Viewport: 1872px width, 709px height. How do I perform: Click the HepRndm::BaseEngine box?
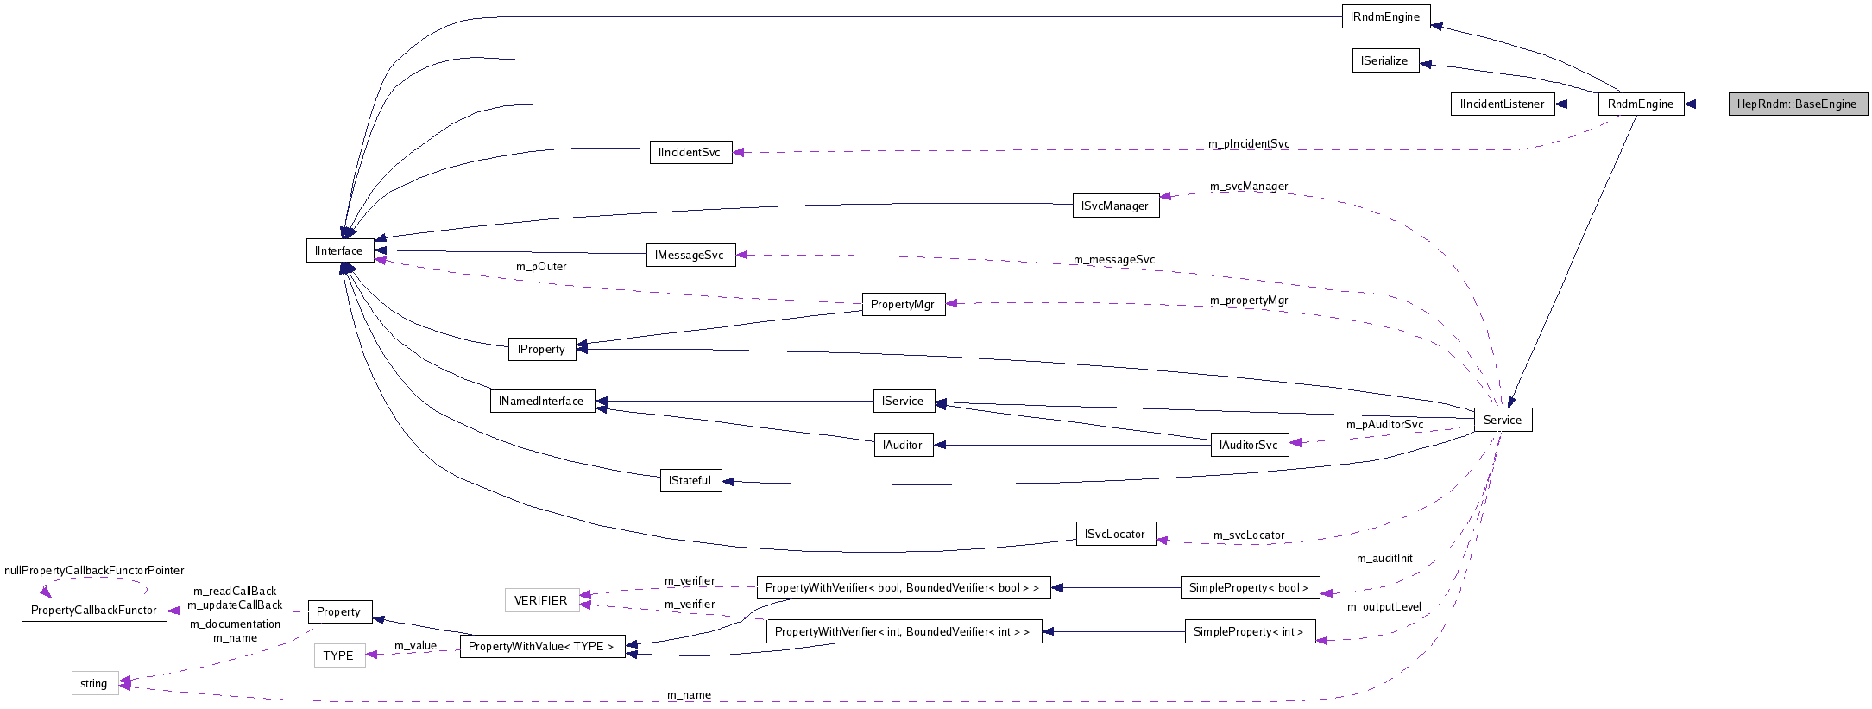coord(1797,104)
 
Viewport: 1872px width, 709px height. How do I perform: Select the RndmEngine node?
coord(1640,104)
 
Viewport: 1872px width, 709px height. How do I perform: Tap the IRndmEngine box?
coord(1385,16)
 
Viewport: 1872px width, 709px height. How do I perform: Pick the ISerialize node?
coord(1384,60)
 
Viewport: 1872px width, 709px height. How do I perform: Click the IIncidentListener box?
coord(1502,104)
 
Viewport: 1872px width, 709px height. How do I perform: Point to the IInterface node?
coord(339,250)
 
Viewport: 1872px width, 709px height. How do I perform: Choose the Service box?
coord(1502,420)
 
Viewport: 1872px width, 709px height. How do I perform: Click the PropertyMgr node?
coord(903,304)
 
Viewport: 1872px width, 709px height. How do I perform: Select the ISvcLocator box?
coord(1114,534)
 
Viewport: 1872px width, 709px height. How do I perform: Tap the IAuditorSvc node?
coord(1249,445)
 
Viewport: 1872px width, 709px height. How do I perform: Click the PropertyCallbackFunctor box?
coord(93,610)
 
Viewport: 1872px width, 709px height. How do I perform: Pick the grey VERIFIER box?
coord(540,600)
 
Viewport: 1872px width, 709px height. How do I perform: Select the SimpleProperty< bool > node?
coord(1249,587)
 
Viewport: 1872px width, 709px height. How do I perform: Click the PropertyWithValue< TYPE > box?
coord(541,646)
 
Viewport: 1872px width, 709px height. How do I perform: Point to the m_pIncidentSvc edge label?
coord(1248,144)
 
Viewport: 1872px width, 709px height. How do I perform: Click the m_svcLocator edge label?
coord(1248,535)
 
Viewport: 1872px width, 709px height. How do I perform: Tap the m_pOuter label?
coord(541,266)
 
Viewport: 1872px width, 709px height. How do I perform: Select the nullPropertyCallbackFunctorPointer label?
coord(94,570)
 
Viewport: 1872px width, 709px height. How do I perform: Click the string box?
coord(94,683)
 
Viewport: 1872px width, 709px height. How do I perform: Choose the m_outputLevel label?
coord(1384,607)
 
